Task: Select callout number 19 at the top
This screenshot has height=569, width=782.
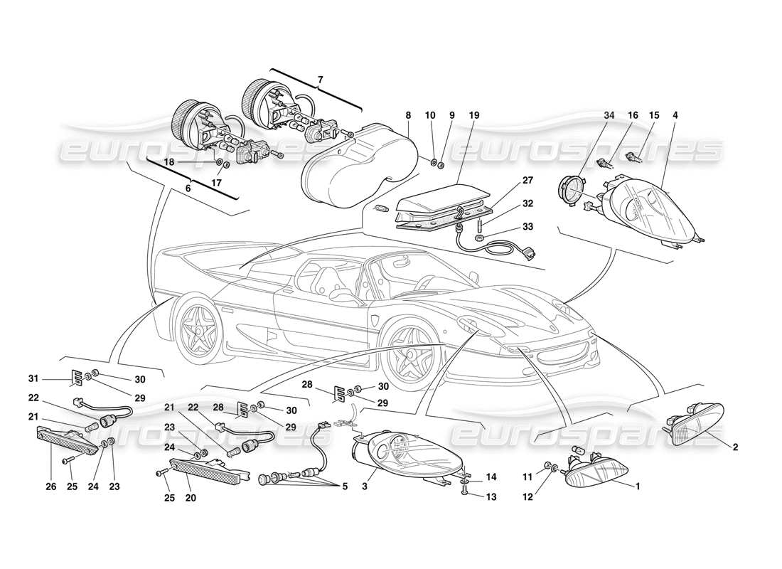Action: click(474, 115)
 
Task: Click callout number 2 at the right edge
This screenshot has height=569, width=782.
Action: click(735, 447)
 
